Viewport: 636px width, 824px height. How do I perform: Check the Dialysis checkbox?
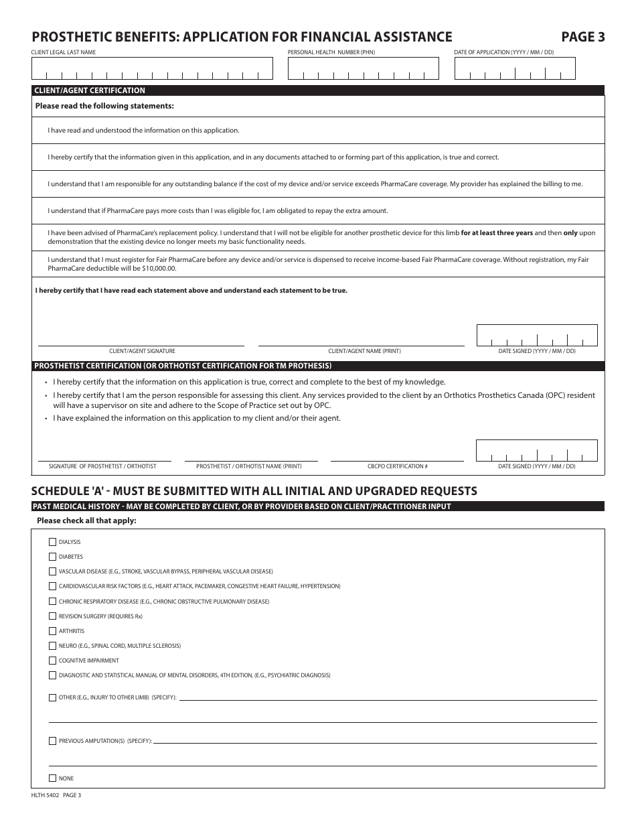53,542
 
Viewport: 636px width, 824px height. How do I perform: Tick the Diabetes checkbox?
53,557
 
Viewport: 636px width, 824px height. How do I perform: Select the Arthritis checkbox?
53,631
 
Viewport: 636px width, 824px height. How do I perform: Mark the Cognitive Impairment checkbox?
53,661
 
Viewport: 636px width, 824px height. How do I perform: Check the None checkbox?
53,778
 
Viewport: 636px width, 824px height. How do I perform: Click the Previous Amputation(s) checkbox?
53,741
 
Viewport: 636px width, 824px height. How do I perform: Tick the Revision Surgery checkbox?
53,616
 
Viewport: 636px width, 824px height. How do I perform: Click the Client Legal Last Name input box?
152,69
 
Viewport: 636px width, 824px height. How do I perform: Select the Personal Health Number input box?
364,69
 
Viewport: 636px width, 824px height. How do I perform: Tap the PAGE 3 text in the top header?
582,38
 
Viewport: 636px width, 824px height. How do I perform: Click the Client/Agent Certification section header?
90,90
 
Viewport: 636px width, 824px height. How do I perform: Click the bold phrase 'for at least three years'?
497,233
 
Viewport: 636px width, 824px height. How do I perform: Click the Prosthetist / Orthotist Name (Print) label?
248,466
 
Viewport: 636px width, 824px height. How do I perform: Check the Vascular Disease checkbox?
53,571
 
